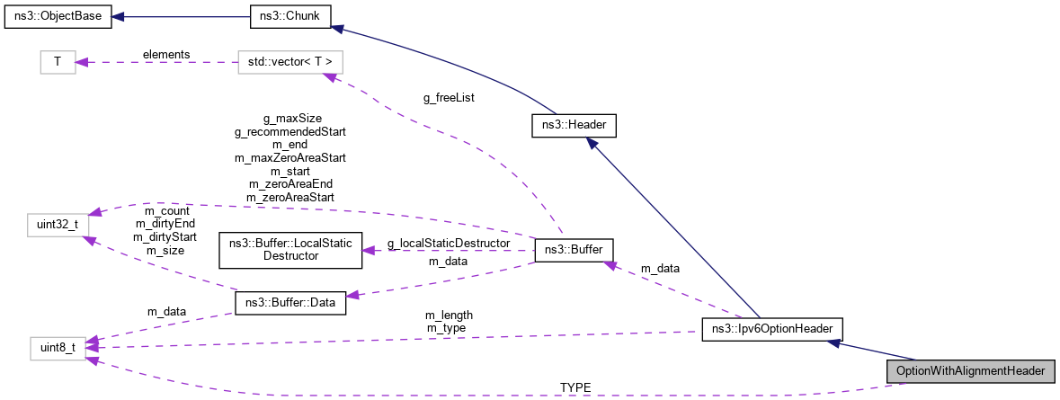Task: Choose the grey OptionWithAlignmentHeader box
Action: click(x=969, y=370)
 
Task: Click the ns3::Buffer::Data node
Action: click(x=289, y=303)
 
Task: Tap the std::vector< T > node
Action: click(x=290, y=62)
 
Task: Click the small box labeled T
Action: click(x=58, y=62)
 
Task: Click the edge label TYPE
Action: click(x=575, y=387)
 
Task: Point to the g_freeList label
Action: click(x=449, y=98)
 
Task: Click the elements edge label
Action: click(x=166, y=54)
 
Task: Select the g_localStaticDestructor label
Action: click(x=449, y=243)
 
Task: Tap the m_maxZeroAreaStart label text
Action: click(x=290, y=157)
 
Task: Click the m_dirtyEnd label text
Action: click(x=165, y=224)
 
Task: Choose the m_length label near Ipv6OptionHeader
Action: click(x=449, y=315)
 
